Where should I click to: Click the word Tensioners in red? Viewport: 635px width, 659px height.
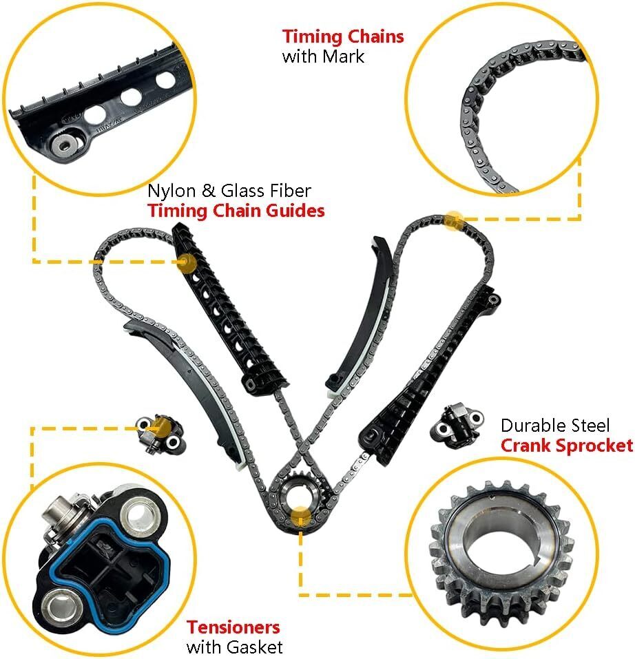pos(233,627)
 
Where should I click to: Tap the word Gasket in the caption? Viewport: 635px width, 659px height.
pos(256,647)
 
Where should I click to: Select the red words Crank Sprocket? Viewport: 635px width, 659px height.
pos(567,446)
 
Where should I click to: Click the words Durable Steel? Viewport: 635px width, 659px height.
pos(554,426)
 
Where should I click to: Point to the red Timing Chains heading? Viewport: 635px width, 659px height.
pos(343,36)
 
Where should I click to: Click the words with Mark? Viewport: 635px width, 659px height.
pos(323,56)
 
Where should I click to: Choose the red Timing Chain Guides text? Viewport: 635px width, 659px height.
pos(236,211)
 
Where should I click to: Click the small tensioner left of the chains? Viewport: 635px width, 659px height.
pos(159,433)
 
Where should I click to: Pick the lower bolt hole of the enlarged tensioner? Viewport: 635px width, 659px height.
pos(60,605)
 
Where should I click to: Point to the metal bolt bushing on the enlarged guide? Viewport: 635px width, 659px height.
pos(64,145)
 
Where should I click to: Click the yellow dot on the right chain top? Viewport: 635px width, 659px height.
pos(453,220)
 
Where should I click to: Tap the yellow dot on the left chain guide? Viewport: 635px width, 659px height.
pos(187,262)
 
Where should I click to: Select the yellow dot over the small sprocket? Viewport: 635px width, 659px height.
pos(301,516)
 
